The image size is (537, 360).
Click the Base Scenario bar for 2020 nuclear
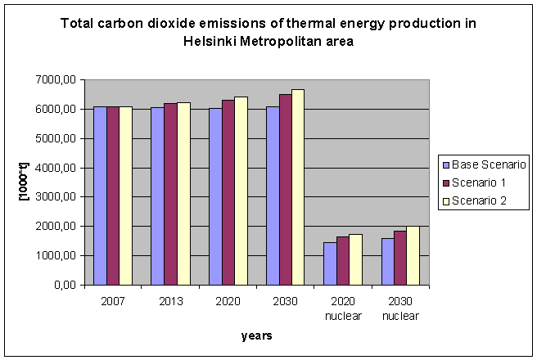tap(329, 263)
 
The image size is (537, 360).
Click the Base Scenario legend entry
tap(486, 164)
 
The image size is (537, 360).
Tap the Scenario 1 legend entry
tap(476, 182)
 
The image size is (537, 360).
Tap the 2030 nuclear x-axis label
tap(400, 308)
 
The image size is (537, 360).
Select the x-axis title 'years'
tap(256, 335)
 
